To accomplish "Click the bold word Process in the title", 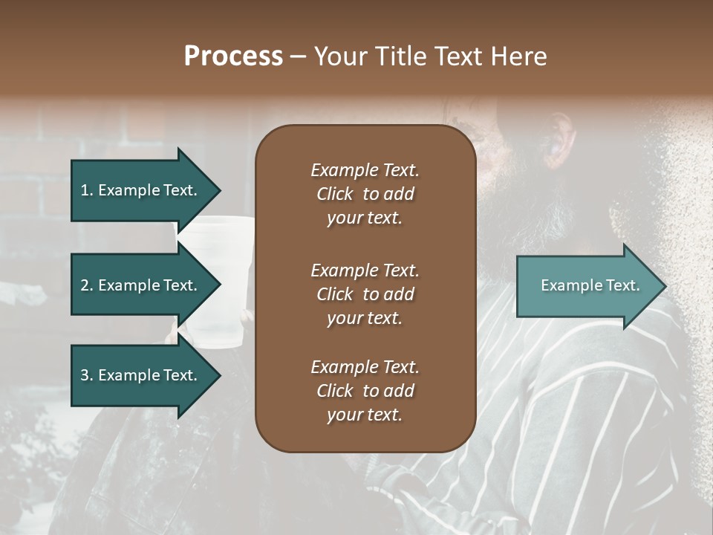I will click(x=233, y=56).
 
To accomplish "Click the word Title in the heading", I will click(x=400, y=56).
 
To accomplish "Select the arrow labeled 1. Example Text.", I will click(x=140, y=190).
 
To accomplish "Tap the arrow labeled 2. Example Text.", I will click(x=140, y=285).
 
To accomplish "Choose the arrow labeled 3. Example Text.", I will click(x=140, y=375).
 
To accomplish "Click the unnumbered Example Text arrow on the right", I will click(x=590, y=285).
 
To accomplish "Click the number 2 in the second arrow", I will click(x=85, y=285).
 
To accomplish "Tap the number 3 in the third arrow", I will click(x=85, y=375).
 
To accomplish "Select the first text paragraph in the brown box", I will click(x=365, y=194).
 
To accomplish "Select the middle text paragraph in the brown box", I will click(x=365, y=294).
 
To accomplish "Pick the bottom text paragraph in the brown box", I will click(x=365, y=391).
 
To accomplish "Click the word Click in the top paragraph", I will click(x=335, y=194).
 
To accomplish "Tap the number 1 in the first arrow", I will click(x=84, y=190).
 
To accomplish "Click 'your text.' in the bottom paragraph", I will click(x=365, y=415).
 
